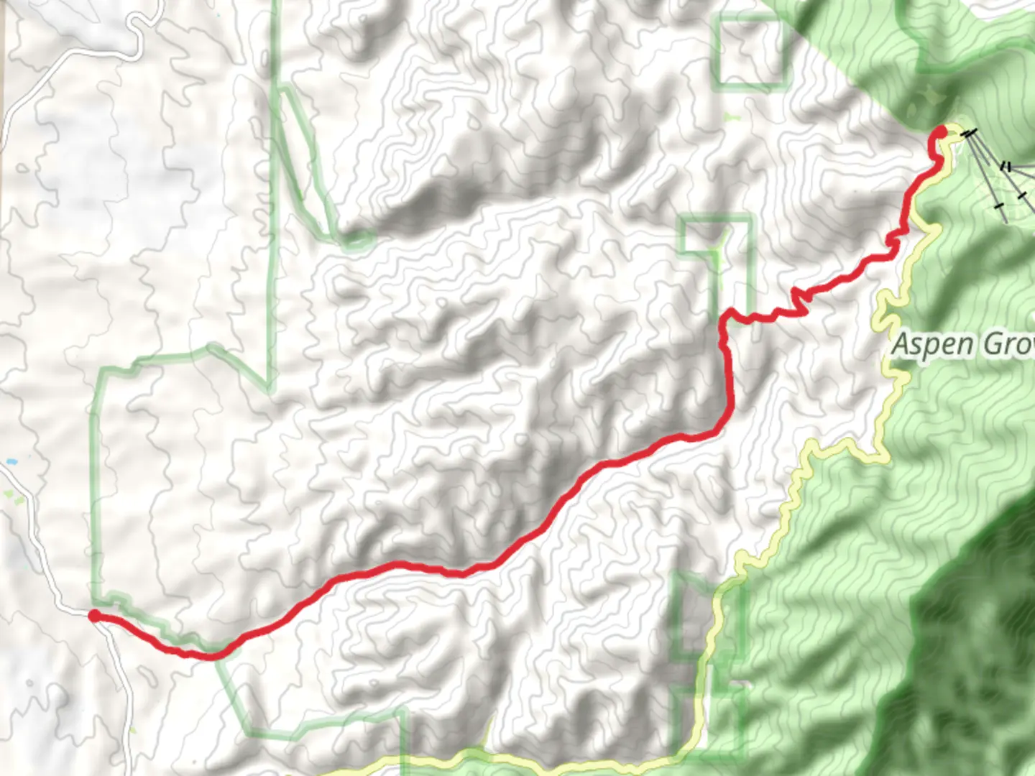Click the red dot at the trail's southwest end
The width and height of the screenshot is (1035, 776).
(x=94, y=615)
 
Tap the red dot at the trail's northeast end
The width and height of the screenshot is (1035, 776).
(x=940, y=131)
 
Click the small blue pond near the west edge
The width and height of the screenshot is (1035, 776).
(x=10, y=461)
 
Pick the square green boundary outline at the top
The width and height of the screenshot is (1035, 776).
(x=750, y=51)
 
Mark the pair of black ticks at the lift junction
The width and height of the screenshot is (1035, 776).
(x=1007, y=167)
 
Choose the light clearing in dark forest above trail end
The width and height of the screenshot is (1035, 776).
(x=927, y=97)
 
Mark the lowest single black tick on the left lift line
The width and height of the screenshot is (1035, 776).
(x=998, y=206)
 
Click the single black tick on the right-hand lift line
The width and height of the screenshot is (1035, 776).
(x=1021, y=195)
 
